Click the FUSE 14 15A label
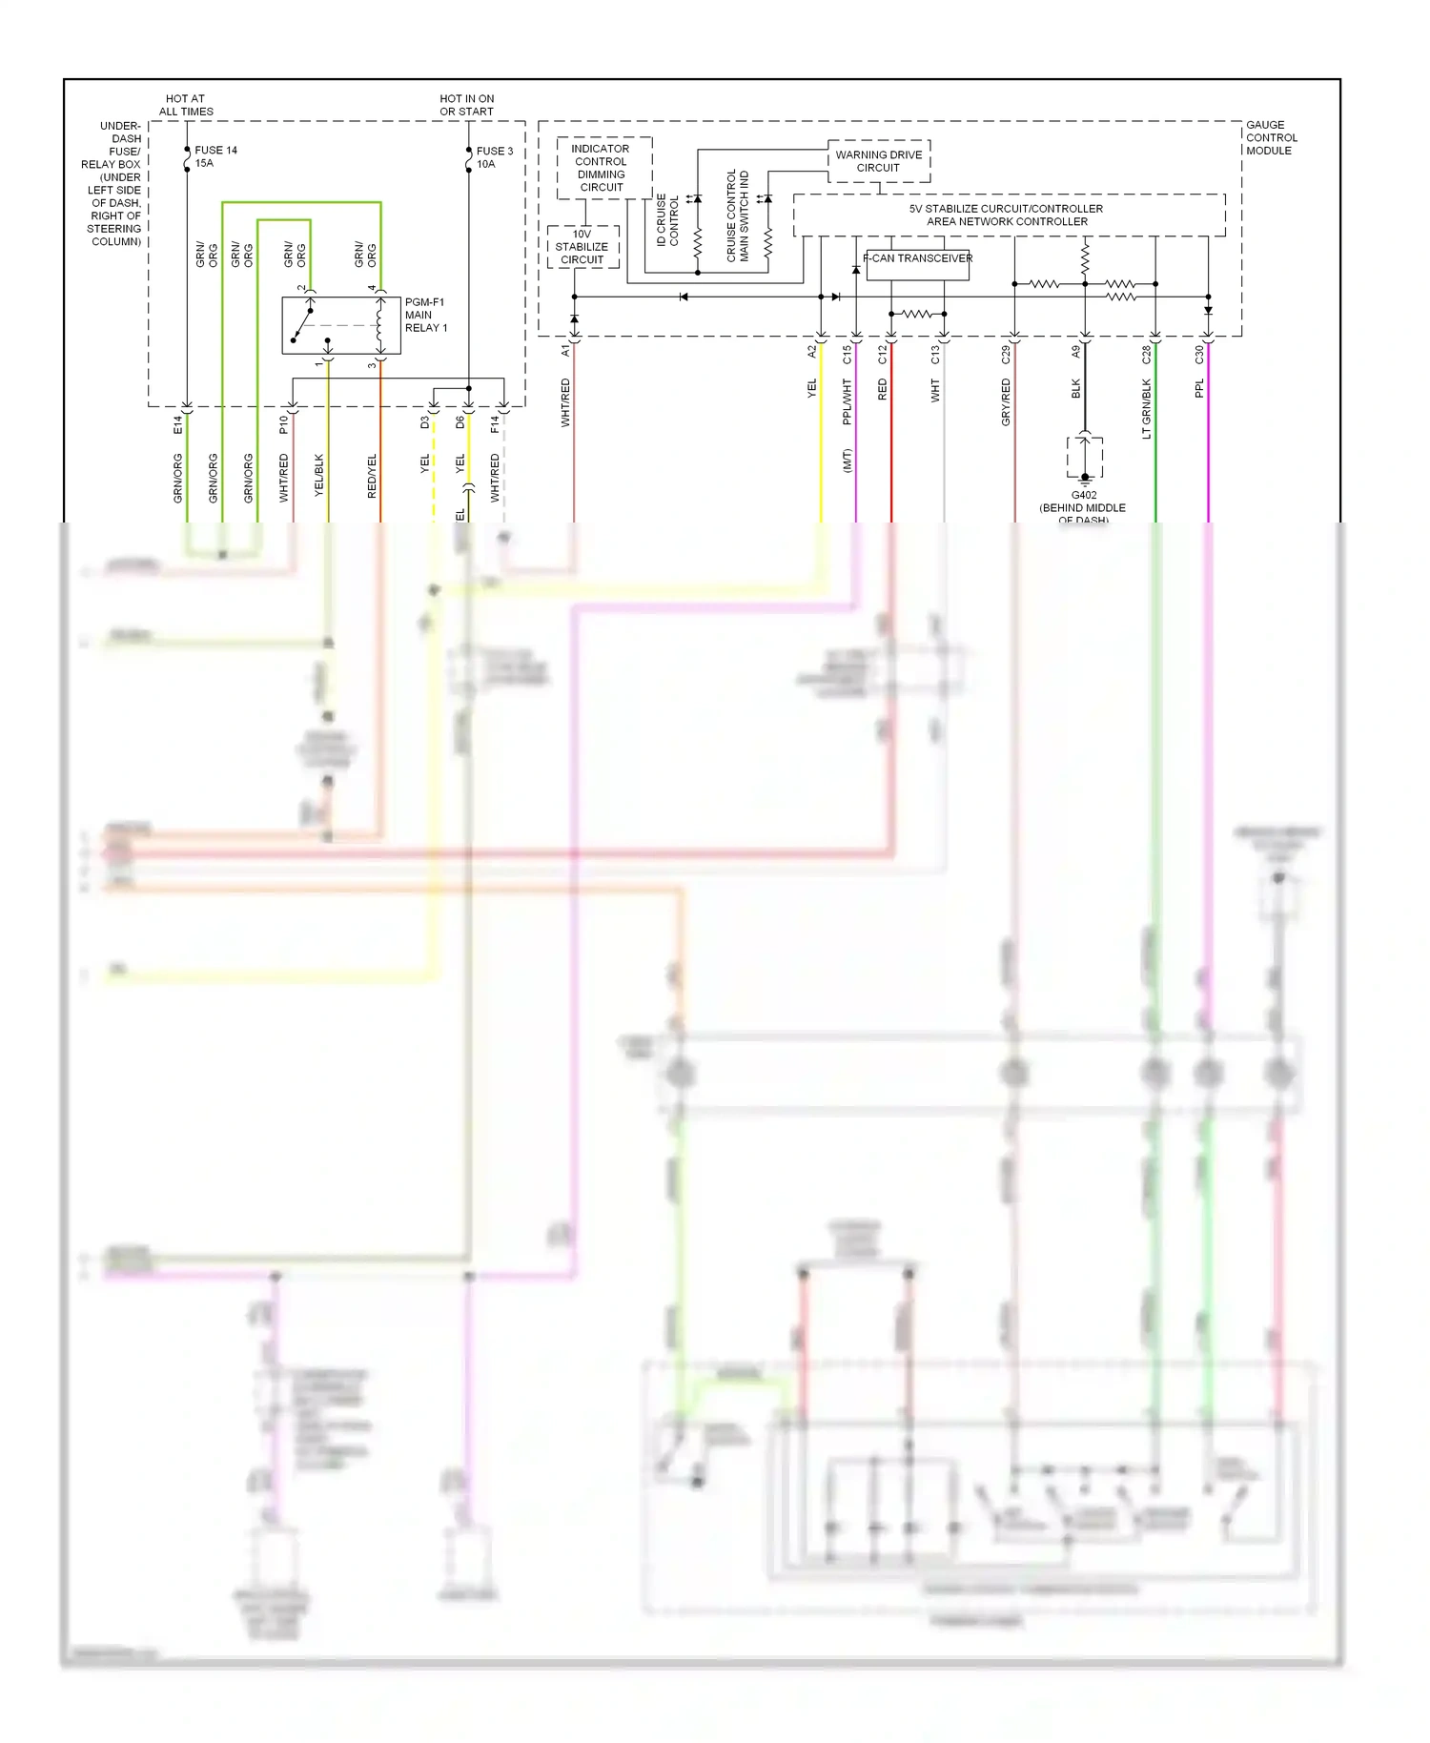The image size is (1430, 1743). click(x=215, y=156)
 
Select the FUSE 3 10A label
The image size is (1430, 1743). click(x=494, y=157)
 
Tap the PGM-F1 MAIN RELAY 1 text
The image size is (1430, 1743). click(x=425, y=315)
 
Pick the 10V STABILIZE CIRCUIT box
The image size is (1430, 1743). click(x=582, y=247)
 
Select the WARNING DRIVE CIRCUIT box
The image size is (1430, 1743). click(x=878, y=161)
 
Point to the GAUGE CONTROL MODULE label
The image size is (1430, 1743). click(x=1271, y=137)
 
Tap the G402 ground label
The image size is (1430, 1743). click(x=1083, y=495)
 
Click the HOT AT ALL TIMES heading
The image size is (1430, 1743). click(x=186, y=105)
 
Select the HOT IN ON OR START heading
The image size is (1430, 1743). click(x=466, y=105)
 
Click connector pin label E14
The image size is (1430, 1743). click(x=177, y=425)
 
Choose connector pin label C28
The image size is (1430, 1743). click(x=1147, y=355)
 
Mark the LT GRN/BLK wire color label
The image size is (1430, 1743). click(x=1147, y=409)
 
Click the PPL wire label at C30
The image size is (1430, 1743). click(x=1199, y=388)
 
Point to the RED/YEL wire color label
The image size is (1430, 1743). click(x=372, y=476)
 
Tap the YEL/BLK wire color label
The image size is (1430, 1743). click(x=319, y=475)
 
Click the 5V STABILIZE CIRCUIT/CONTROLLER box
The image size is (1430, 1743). click(x=1007, y=215)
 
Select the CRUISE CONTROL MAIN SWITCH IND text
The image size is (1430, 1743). click(x=738, y=216)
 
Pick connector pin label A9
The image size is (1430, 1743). click(x=1076, y=351)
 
